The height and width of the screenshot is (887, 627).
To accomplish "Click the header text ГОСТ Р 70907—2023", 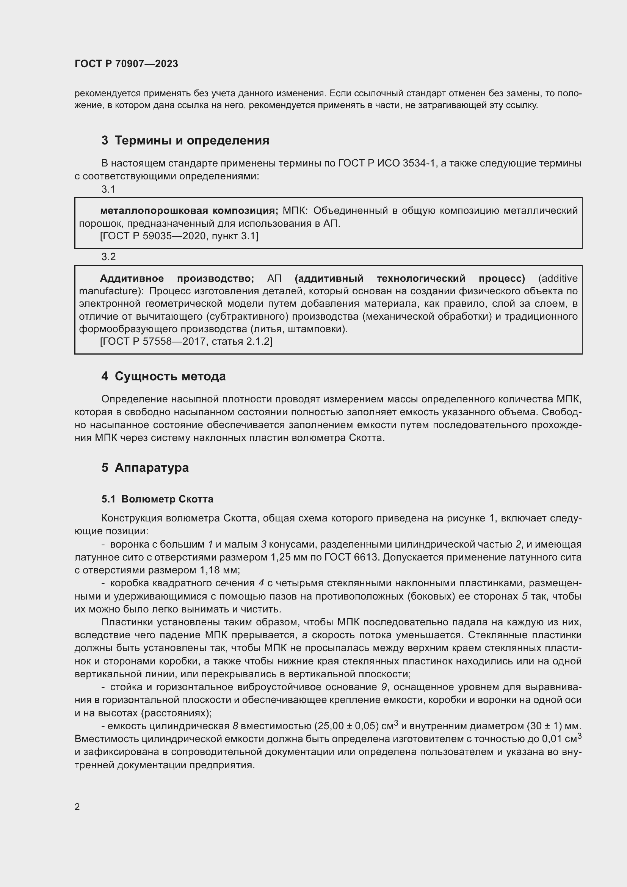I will point(126,64).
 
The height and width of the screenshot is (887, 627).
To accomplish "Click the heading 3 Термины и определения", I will point(185,140).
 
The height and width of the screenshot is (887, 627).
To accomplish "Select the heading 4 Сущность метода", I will point(163,376).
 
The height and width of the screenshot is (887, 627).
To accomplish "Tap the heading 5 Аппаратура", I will point(145,468).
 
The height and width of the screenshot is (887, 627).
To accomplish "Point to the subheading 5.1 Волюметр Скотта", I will point(157,499).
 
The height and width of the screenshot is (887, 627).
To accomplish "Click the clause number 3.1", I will point(108,189).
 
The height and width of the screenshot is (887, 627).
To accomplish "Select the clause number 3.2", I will point(108,257).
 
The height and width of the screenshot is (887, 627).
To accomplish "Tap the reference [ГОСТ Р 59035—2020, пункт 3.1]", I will point(179,236).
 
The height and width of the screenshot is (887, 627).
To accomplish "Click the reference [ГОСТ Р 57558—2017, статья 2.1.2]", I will point(186,342).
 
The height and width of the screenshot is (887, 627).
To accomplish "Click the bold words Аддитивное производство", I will point(177,279).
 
